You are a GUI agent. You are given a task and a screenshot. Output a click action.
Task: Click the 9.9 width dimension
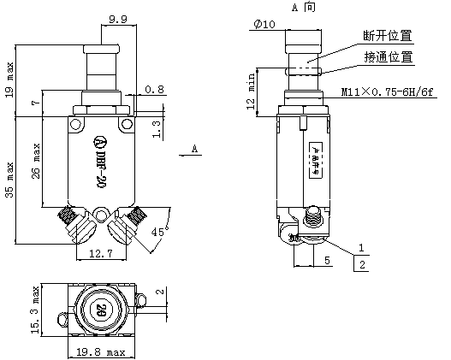click(x=118, y=17)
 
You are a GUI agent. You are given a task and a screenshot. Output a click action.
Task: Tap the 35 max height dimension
click(x=9, y=178)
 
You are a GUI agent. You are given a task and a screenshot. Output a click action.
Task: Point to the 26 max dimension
click(x=35, y=161)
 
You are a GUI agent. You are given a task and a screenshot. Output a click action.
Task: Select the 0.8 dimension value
click(x=154, y=89)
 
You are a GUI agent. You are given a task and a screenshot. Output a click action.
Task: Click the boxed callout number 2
click(x=362, y=265)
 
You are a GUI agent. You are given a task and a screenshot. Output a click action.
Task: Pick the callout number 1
click(x=362, y=247)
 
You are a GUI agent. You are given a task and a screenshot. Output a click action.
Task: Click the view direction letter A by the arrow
click(x=195, y=149)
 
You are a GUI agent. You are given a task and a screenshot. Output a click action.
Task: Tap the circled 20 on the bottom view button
click(x=102, y=310)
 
